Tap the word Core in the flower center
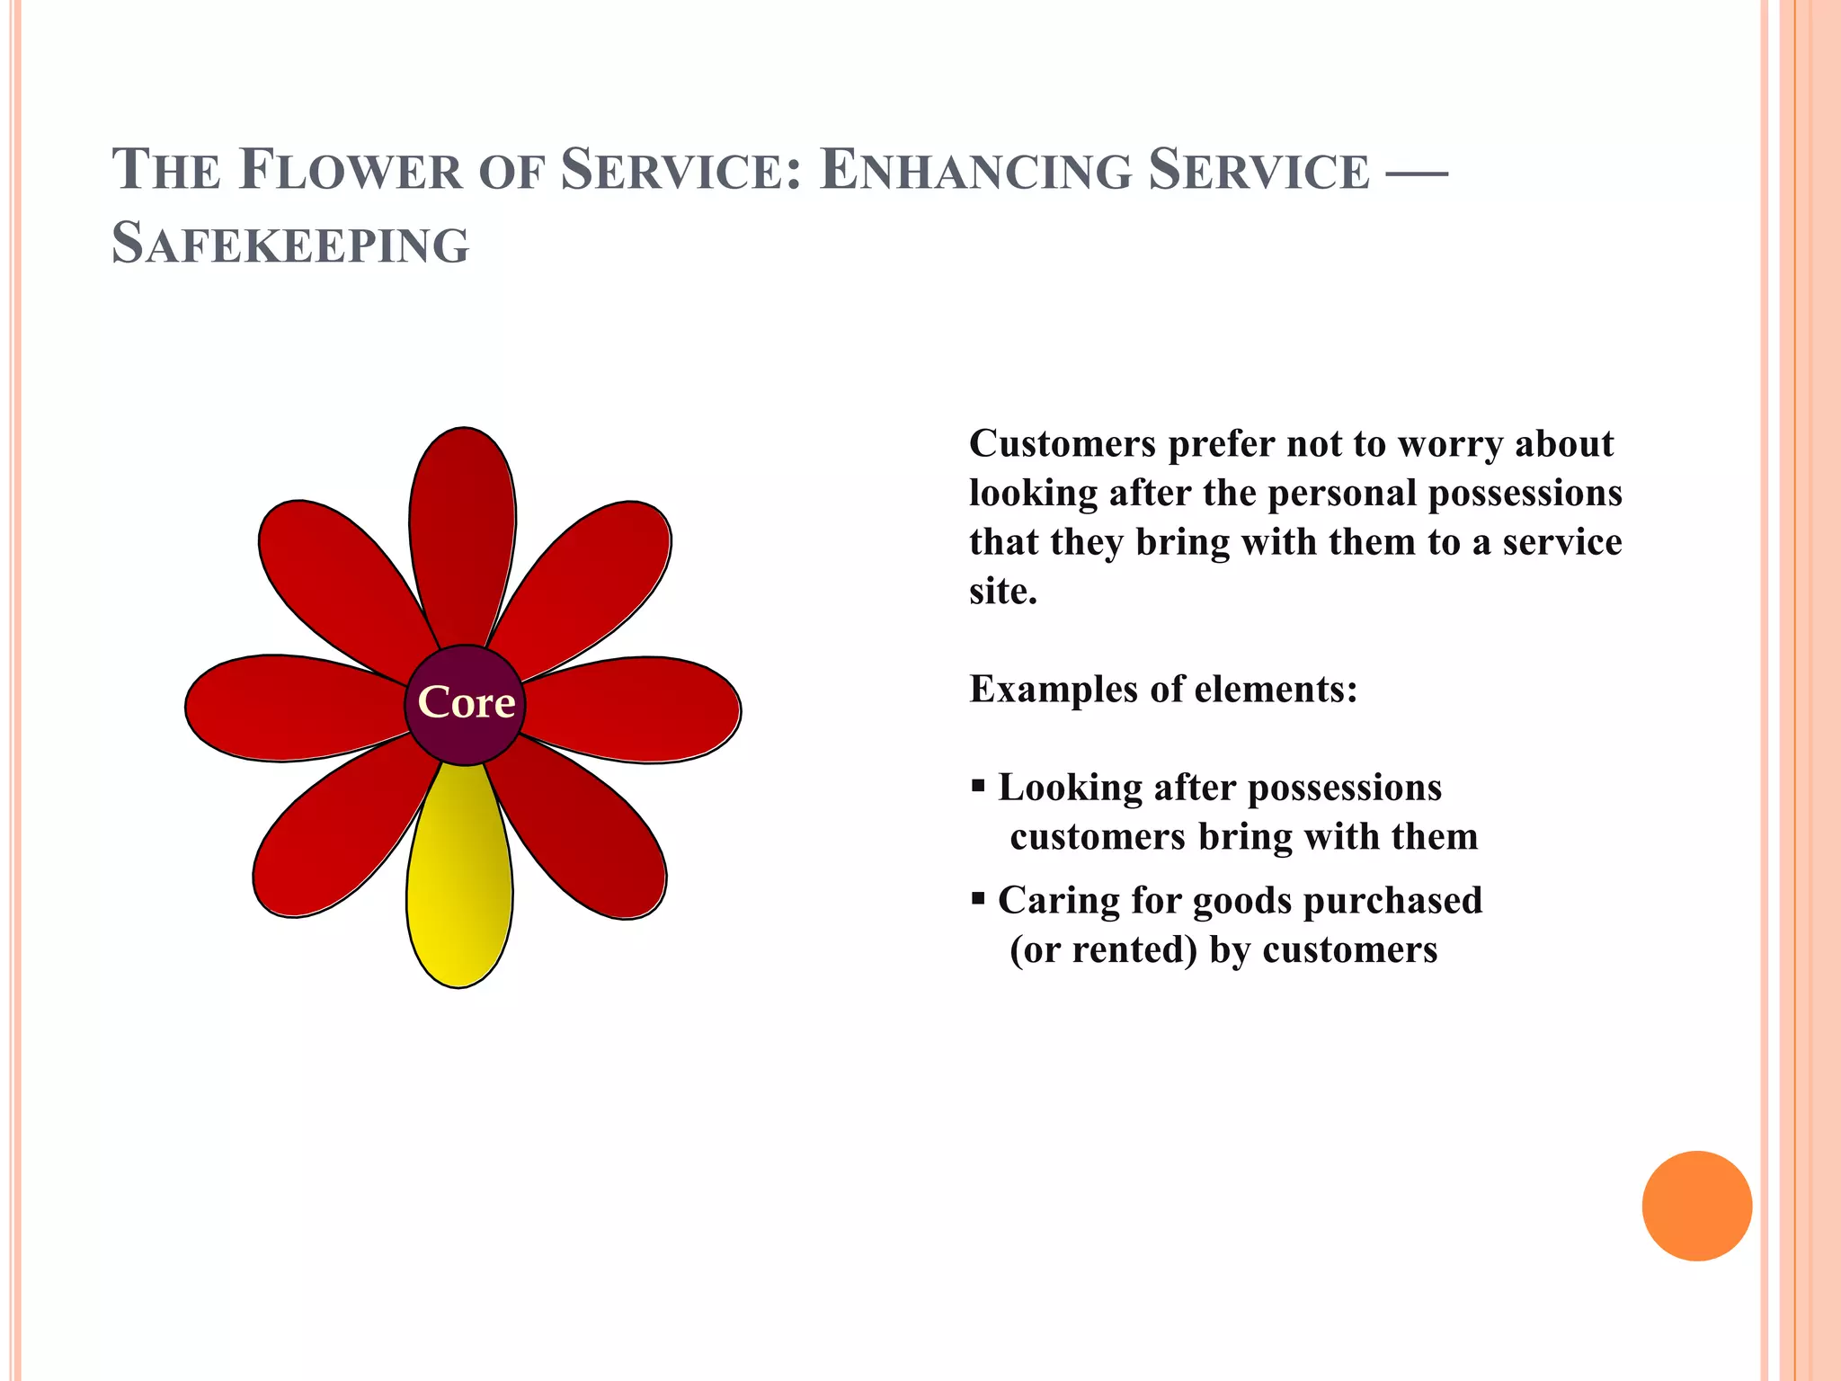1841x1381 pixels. tap(466, 702)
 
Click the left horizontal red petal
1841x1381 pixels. tap(288, 708)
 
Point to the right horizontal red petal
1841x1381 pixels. tap(638, 709)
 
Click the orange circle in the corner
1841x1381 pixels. tap(1696, 1206)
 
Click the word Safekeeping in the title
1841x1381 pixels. tap(290, 244)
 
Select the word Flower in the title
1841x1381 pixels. tap(351, 170)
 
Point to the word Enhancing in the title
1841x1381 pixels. tap(976, 170)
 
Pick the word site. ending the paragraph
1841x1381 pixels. tap(1003, 592)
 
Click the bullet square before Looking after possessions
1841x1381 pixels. tap(979, 787)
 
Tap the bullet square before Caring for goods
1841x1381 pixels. tap(979, 899)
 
